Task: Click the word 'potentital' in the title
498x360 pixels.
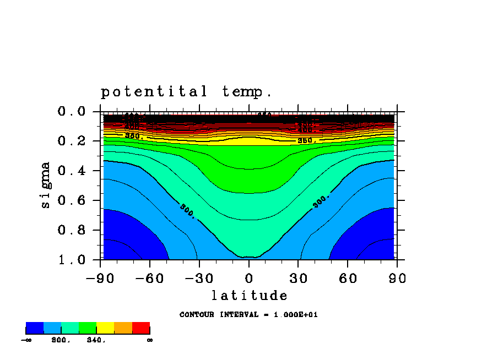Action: coord(154,91)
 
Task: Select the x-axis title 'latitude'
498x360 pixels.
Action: coord(249,296)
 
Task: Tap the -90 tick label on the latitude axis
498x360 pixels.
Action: coord(100,278)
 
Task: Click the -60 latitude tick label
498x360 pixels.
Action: coord(150,278)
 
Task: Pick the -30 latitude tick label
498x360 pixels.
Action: coord(199,278)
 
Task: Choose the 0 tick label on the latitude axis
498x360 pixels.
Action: coord(249,278)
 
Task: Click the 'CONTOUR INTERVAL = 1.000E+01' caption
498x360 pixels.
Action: coord(248,315)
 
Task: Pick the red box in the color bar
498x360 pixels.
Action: coord(141,328)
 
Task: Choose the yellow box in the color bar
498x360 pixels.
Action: coord(105,328)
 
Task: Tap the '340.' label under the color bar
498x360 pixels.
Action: coord(96,340)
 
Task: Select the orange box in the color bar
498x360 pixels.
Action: coord(123,328)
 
